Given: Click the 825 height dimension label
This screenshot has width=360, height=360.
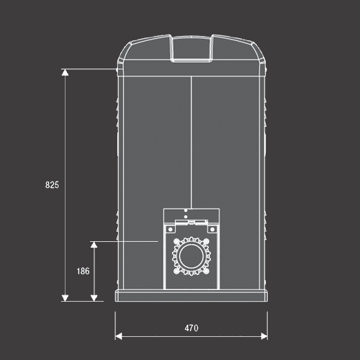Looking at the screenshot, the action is (52, 185).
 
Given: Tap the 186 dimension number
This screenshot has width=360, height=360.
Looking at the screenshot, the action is (83, 271).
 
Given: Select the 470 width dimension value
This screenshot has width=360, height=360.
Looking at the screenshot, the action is (192, 328).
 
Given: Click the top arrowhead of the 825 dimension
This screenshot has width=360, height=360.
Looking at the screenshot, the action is (65, 72).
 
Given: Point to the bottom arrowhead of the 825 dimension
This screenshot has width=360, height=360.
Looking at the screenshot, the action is (65, 298).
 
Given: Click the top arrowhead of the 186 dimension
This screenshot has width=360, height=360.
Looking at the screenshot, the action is (94, 245).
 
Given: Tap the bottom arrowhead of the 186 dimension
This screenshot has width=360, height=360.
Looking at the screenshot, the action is (94, 298).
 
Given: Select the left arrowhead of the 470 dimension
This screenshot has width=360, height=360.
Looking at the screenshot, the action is (119, 336).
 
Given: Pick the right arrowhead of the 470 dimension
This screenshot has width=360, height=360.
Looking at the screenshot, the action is (264, 336).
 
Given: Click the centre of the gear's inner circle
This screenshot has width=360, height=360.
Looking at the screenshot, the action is (192, 256).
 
